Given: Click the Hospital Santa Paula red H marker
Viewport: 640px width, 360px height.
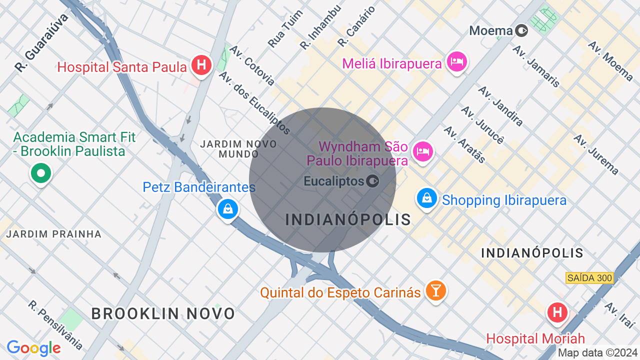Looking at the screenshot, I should (201, 65).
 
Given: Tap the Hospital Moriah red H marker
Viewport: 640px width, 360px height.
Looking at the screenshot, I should (557, 313).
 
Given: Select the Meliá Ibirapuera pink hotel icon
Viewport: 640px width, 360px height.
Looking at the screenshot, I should (457, 62).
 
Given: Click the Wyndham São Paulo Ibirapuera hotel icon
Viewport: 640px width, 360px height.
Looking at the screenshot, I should (423, 151).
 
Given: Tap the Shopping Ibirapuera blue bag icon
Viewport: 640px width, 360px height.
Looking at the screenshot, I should (427, 198).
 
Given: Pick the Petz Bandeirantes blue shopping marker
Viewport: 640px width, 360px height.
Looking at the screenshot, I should (228, 208).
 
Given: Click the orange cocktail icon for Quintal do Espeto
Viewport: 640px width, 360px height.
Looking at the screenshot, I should (435, 290).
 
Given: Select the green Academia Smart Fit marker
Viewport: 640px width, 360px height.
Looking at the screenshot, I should (41, 174).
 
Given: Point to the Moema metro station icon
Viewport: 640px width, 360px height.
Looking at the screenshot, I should (521, 31).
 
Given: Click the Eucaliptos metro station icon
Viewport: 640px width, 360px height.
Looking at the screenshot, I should (372, 181).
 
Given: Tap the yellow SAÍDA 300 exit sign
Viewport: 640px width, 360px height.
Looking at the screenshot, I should (589, 277).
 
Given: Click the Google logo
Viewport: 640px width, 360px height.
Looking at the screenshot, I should (33, 348).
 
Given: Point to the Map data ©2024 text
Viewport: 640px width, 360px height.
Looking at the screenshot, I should (598, 353).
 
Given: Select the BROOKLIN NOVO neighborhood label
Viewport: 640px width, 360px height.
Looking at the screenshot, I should (163, 313).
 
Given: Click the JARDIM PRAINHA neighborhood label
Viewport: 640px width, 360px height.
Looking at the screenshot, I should (53, 234).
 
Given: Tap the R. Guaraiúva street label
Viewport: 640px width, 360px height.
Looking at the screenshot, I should (41, 42).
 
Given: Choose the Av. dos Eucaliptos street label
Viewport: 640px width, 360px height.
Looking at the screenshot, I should (255, 103).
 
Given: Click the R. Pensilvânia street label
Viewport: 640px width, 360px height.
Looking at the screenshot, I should (55, 325).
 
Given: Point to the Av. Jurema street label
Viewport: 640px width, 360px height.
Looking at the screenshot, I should (596, 154).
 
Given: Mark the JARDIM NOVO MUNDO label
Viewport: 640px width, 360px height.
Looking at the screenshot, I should (238, 149).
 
